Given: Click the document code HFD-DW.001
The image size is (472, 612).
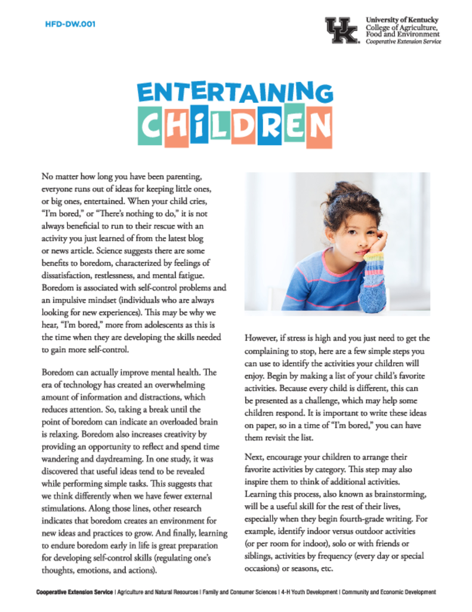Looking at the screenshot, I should [x=70, y=25].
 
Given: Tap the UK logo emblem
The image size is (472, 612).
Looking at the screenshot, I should [x=341, y=30].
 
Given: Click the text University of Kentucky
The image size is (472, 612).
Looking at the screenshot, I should [x=402, y=19].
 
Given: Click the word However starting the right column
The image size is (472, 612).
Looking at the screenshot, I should [x=263, y=338].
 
